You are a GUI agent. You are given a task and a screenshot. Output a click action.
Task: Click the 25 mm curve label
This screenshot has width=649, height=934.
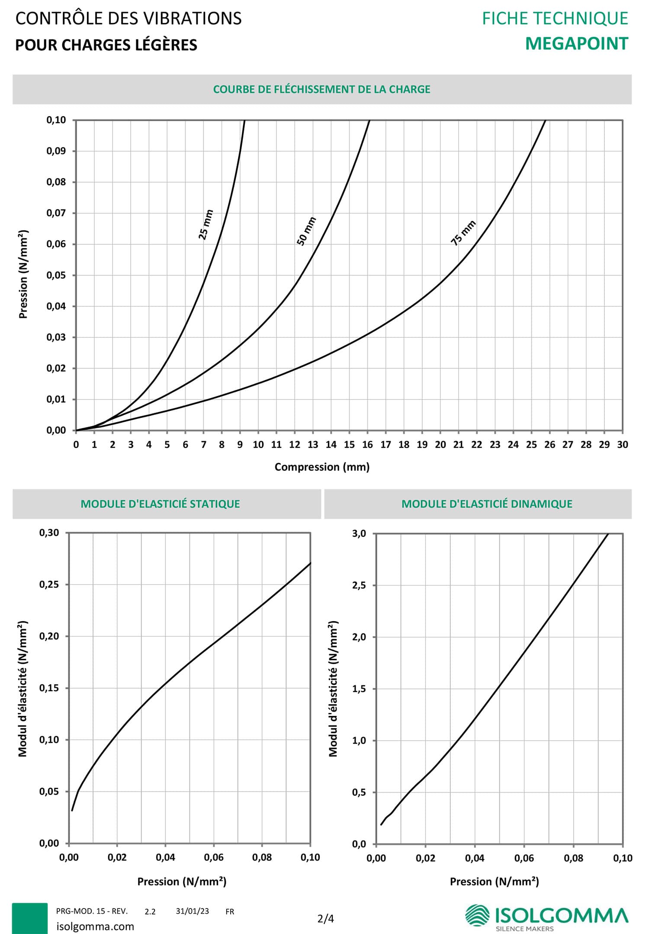206,225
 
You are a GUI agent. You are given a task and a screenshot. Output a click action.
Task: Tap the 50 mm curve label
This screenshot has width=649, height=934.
306,231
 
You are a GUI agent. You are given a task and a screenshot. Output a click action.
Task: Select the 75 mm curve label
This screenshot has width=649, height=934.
463,233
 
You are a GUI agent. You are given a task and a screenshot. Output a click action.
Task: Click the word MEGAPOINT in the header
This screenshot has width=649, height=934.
576,44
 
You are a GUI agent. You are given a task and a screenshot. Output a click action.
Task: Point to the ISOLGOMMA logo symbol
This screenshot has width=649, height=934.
477,915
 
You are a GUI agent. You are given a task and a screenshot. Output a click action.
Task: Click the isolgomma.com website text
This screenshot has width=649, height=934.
95,926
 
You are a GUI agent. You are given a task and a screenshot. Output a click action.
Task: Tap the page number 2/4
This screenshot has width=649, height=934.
325,918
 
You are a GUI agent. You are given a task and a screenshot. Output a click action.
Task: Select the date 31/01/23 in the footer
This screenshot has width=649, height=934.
192,911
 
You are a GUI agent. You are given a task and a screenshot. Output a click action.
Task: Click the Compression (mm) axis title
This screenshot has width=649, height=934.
322,467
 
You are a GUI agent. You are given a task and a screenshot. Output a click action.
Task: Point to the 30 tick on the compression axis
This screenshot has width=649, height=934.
622,445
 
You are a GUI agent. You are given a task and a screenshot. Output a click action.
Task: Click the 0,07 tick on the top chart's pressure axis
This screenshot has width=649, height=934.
56,213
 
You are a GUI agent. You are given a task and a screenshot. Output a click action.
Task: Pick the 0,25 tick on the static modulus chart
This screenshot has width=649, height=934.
49,584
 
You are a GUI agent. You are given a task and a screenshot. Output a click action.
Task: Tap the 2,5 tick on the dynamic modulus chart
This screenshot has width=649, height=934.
359,585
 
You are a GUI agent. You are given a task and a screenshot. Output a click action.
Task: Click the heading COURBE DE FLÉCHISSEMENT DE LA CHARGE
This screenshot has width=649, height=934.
321,89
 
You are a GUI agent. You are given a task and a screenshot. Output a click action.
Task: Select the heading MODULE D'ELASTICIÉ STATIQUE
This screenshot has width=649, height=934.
160,504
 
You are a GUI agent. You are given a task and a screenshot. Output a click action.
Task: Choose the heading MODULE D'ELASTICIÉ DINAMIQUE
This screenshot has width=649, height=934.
487,504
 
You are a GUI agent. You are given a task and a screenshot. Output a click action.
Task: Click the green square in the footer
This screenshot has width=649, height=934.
29,918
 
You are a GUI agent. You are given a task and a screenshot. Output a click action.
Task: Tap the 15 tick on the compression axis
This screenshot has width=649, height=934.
349,445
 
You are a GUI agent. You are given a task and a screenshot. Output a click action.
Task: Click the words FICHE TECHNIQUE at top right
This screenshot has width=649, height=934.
555,19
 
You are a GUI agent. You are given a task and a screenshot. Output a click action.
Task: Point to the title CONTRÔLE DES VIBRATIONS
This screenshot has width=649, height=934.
129,19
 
